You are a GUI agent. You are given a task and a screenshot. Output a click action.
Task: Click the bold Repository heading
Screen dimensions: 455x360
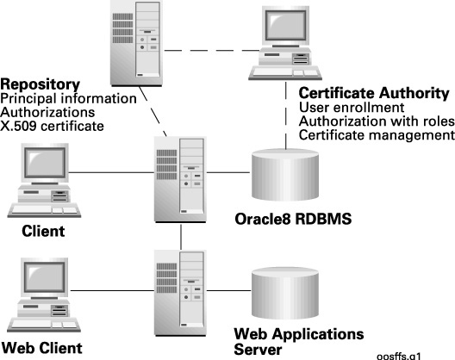[x=40, y=84]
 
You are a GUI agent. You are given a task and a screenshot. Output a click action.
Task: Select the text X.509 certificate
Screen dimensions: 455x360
[x=52, y=127]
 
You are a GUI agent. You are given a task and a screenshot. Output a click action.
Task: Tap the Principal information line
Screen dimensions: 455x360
[x=68, y=99]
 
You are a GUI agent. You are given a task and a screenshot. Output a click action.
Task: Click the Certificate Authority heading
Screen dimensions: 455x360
[x=374, y=93]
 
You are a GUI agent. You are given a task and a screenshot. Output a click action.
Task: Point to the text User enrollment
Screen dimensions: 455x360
[x=352, y=108]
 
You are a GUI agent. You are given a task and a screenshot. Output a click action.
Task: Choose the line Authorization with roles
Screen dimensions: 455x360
[x=377, y=121]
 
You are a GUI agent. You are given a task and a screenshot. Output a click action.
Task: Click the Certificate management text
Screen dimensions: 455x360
[x=377, y=135]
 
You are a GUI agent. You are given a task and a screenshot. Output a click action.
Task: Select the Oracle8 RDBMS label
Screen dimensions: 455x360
[x=293, y=219]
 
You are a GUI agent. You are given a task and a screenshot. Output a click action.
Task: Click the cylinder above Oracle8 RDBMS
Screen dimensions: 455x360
[x=285, y=175]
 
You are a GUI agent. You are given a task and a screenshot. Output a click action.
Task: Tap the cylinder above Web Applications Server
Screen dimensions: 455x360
[x=285, y=293]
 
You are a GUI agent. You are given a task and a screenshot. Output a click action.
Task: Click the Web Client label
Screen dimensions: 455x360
[x=42, y=348]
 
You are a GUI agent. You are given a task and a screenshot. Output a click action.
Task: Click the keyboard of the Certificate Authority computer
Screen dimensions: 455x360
[x=285, y=72]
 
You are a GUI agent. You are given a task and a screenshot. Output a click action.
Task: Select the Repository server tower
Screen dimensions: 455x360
[x=136, y=43]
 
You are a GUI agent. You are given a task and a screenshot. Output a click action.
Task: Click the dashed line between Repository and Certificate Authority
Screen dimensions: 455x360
[x=211, y=51]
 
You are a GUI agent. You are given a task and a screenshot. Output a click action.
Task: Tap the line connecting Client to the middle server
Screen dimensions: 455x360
[x=111, y=173]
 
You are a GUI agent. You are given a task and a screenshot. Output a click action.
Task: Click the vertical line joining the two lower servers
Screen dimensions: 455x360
[x=181, y=237]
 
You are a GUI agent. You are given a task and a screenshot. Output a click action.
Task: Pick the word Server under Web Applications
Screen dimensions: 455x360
[x=258, y=350]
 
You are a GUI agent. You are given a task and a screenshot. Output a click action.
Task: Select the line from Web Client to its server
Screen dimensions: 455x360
[x=112, y=290]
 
